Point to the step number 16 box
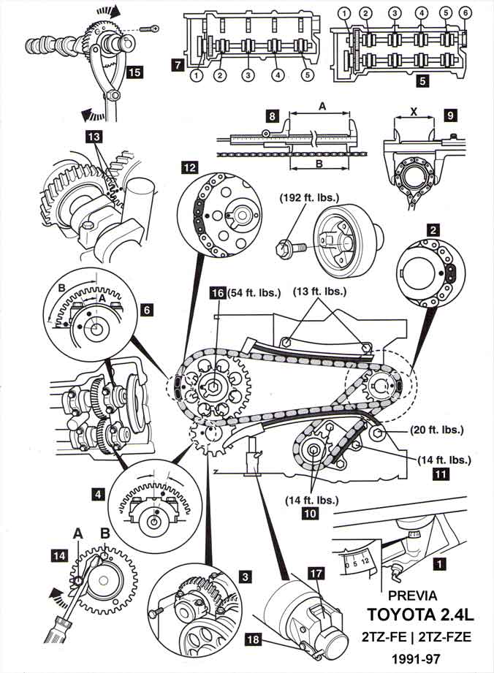[x=216, y=293]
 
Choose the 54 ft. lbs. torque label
[x=253, y=293]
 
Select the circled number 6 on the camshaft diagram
[x=465, y=12]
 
